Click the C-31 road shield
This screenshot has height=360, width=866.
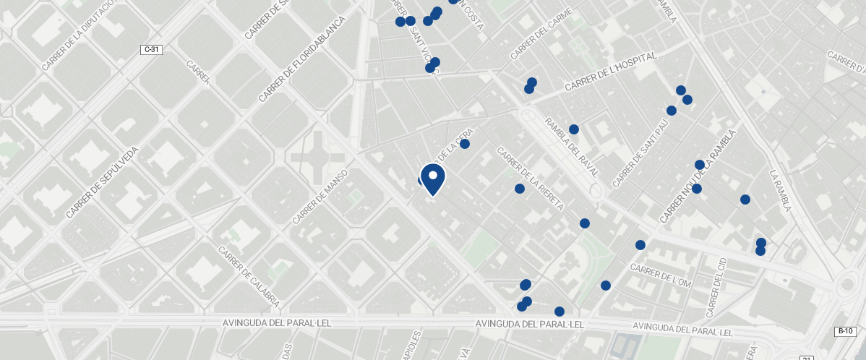tap(151, 50)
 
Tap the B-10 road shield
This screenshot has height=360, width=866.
tap(845, 331)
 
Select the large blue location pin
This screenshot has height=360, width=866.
tap(432, 179)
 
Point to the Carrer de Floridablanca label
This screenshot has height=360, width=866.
tap(301, 59)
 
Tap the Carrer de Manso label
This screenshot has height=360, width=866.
tap(320, 197)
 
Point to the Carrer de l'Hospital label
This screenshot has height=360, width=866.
tap(611, 72)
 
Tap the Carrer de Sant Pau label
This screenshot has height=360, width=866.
tap(640, 152)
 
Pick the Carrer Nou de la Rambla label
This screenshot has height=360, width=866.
tap(697, 176)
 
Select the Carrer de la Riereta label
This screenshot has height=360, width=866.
tap(530, 179)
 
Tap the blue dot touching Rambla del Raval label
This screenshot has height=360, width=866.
tap(574, 129)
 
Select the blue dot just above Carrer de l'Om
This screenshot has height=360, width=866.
tap(640, 245)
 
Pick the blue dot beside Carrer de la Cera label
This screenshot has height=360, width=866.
tap(465, 144)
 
